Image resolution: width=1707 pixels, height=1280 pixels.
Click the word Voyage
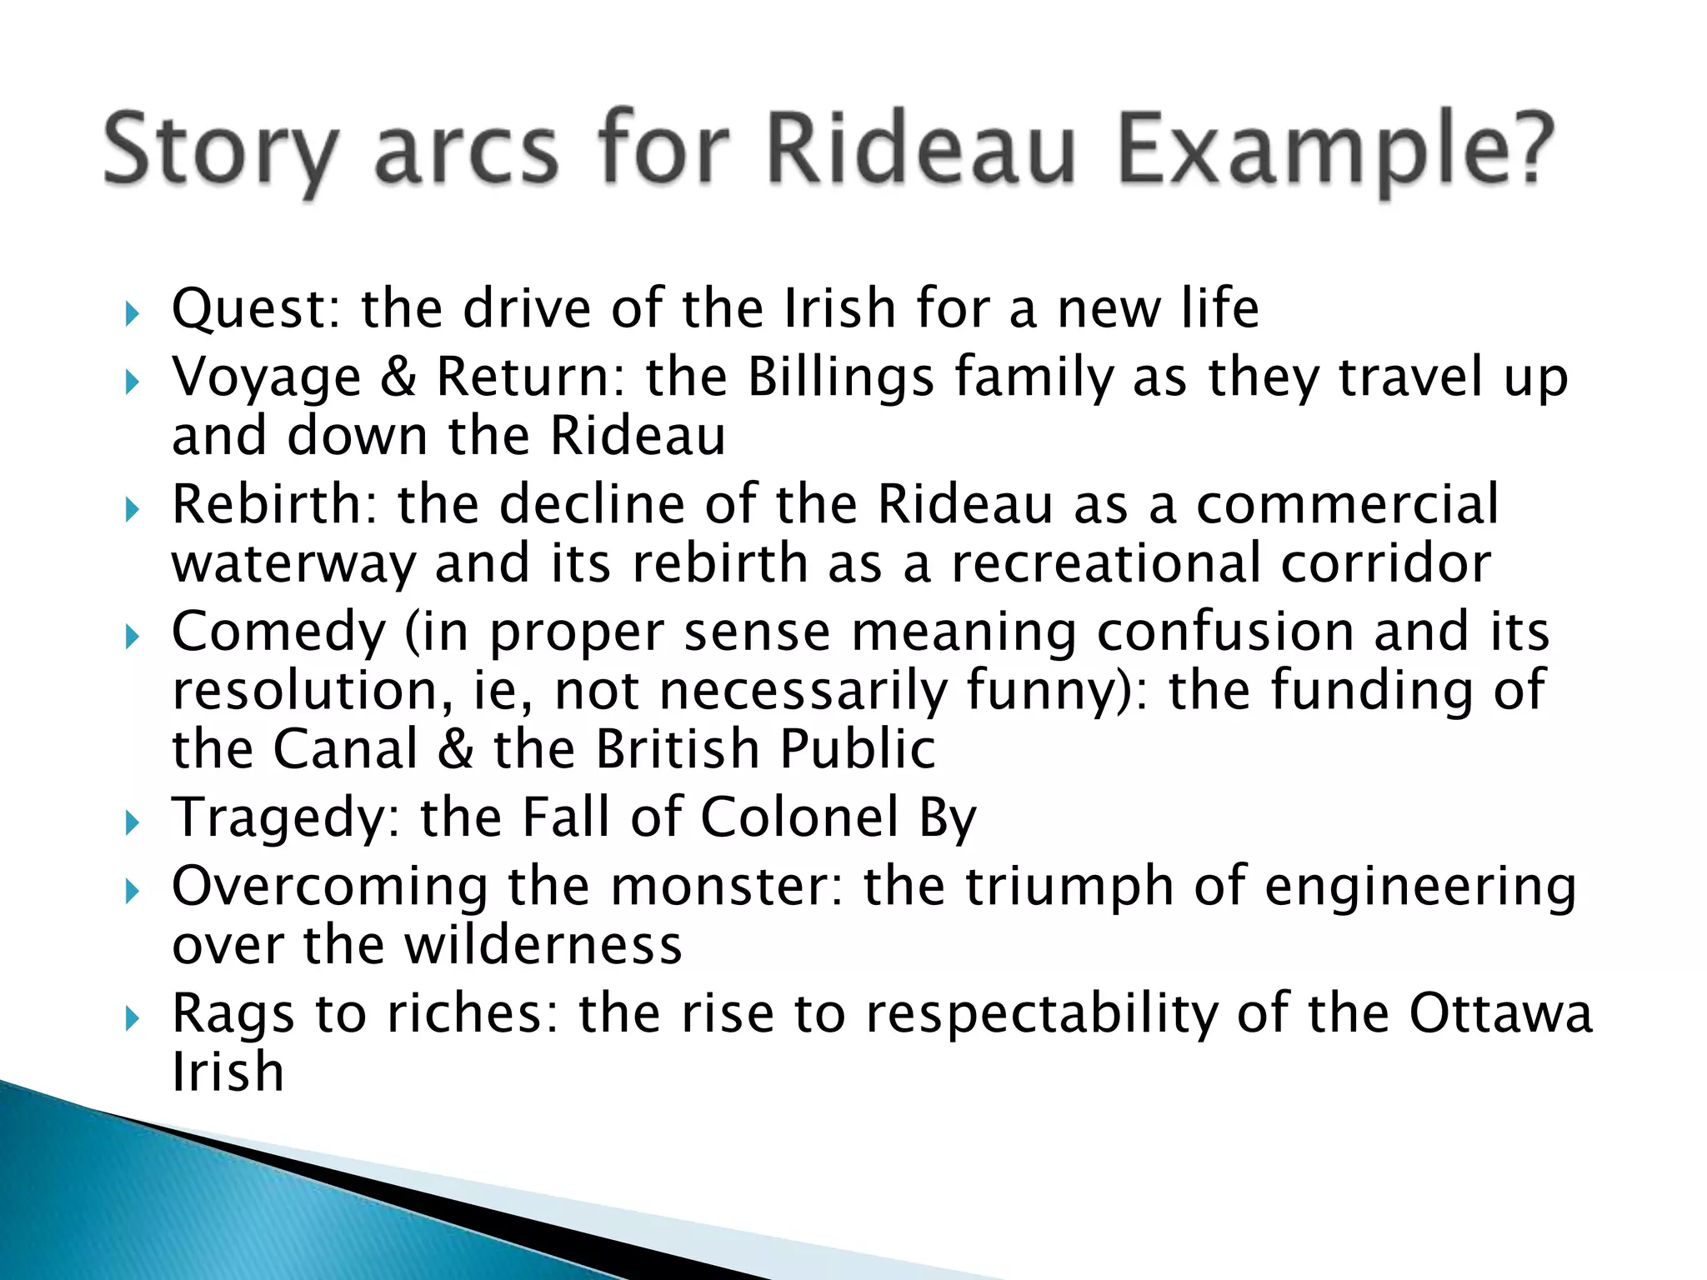point(266,377)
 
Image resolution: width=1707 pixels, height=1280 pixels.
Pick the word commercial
point(1347,504)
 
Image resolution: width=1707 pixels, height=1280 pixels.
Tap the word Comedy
point(278,632)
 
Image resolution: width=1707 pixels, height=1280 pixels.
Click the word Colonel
point(799,817)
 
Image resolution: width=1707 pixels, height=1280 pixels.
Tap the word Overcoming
point(330,886)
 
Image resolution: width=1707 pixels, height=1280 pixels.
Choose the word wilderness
point(543,946)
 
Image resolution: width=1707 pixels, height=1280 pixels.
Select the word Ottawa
point(1500,1014)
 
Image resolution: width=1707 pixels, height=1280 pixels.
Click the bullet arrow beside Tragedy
point(132,823)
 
